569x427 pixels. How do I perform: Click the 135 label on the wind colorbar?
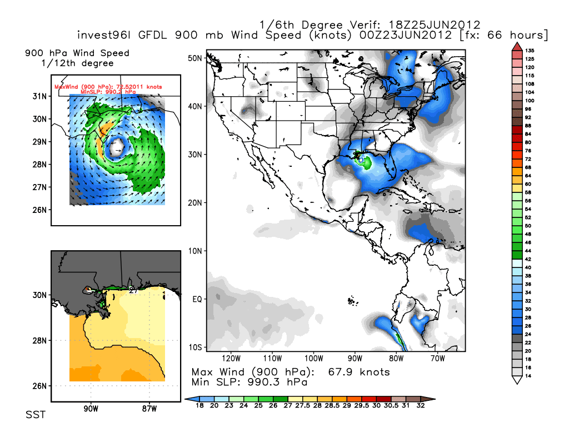530,51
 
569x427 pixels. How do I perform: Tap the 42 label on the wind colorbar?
529,259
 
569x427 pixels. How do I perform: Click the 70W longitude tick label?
436,358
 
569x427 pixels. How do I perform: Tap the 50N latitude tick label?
194,58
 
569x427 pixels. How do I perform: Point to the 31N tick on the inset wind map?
39,96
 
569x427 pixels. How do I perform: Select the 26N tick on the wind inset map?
39,210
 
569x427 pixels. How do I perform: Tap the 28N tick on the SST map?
39,340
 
